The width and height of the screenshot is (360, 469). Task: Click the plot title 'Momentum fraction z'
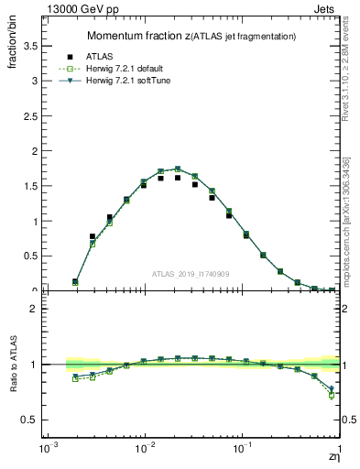click(136, 36)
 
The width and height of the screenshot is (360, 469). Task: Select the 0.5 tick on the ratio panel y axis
click(29, 420)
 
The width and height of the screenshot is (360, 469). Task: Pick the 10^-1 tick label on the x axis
click(243, 450)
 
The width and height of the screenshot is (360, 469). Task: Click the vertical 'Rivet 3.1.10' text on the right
click(345, 82)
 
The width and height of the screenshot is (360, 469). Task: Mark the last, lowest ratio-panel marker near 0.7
click(331, 395)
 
